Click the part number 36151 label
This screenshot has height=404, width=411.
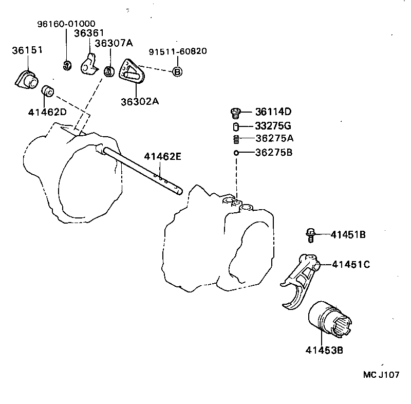[x=27, y=50]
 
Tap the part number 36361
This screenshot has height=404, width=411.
[x=89, y=33]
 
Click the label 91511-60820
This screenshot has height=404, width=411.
[x=178, y=52]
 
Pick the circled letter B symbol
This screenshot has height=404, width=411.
[x=176, y=72]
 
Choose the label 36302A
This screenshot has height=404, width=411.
[x=140, y=101]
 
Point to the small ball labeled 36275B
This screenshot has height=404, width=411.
[x=236, y=153]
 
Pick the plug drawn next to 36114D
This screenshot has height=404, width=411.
[x=236, y=113]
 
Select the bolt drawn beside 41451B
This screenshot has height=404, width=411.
[x=310, y=234]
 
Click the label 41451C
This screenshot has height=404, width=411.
[x=351, y=265]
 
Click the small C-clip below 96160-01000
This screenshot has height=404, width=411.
[x=66, y=65]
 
